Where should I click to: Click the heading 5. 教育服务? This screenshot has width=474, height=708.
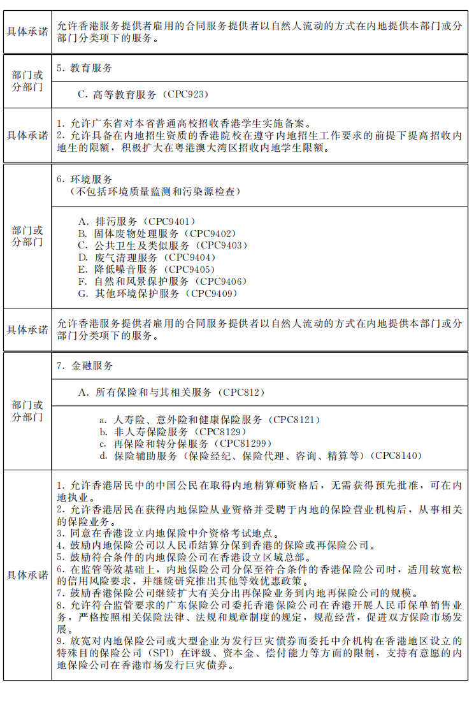point(85,68)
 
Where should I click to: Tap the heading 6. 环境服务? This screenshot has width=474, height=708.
point(85,179)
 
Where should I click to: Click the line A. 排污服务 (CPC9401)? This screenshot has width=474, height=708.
point(136,221)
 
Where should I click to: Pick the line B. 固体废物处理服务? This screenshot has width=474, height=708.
point(156,233)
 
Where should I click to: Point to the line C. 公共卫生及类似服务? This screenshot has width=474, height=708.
point(161,245)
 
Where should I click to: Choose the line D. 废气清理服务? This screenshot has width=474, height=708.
point(147,257)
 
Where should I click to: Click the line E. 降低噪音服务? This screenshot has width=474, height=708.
point(147,270)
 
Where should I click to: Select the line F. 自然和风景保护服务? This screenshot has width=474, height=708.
point(162,282)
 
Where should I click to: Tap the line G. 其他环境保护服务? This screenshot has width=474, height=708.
point(157,294)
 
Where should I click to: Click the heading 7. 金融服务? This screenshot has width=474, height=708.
point(85,366)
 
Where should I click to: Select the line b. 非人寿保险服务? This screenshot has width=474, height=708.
point(171,432)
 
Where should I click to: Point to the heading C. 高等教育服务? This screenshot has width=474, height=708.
point(143,94)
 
